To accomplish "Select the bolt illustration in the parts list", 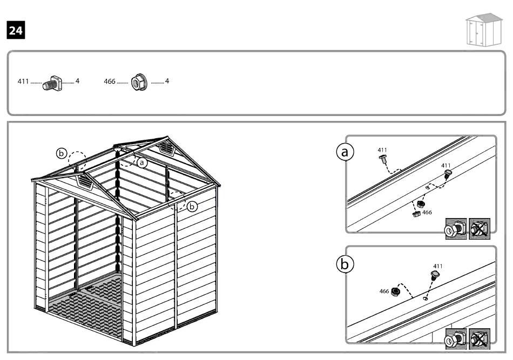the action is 52,82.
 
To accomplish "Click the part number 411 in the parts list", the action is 24,82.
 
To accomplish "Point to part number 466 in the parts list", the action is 109,82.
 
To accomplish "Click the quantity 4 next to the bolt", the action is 77,81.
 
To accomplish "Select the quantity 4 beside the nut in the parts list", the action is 167,81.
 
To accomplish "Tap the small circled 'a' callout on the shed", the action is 142,161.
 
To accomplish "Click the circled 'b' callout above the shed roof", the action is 62,154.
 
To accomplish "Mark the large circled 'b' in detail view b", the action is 345,264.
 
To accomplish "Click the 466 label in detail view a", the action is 427,213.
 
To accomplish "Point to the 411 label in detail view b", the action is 438,266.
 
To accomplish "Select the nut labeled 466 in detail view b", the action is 395,291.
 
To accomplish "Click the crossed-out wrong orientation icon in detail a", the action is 479,228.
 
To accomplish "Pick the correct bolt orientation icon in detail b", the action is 456,337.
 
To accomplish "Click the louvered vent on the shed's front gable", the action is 85,181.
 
